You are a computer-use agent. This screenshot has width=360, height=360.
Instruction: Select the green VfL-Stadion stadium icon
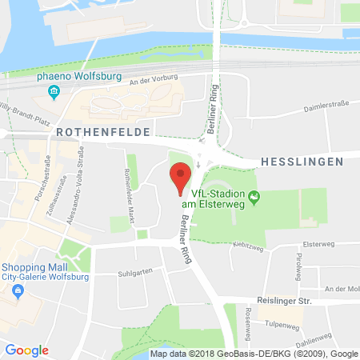(x=255, y=196)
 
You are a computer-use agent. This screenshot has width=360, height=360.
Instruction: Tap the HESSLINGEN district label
(x=302, y=162)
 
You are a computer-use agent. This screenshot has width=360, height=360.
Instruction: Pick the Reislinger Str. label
(x=284, y=301)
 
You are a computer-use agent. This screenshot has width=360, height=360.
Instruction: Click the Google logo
(x=27, y=350)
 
